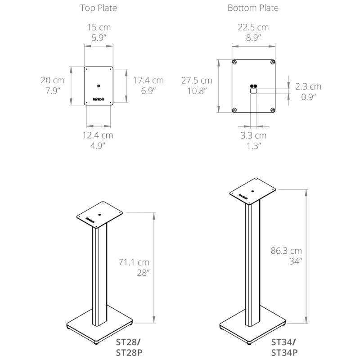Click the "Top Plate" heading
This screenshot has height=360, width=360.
[99, 8]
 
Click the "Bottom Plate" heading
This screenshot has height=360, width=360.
[253, 8]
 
